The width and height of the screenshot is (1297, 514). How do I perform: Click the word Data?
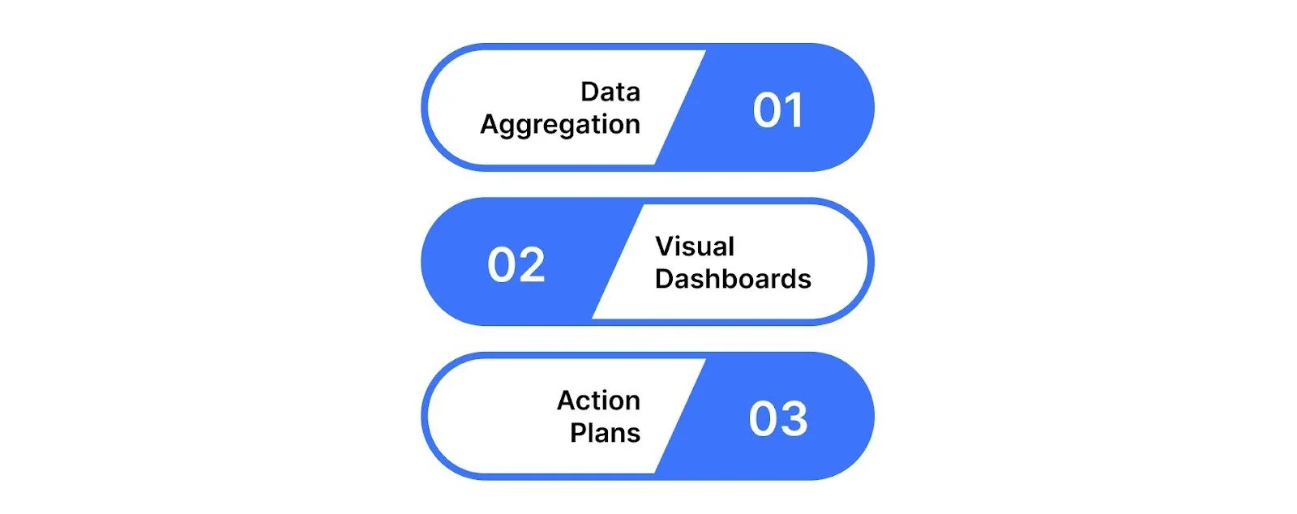(x=610, y=92)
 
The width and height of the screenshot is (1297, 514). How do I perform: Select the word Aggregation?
(x=560, y=125)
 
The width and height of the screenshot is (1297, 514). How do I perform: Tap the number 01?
(x=778, y=110)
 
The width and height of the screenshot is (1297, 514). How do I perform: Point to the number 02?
(x=516, y=265)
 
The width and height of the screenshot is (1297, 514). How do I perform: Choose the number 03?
(x=778, y=419)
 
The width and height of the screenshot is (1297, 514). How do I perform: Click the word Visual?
(x=695, y=246)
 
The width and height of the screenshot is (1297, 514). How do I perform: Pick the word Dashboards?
(x=733, y=279)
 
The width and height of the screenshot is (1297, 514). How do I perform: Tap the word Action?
(x=598, y=400)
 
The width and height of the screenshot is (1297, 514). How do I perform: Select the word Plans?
(x=605, y=433)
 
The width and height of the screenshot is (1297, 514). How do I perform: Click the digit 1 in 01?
(x=794, y=110)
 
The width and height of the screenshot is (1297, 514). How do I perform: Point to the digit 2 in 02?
(x=532, y=265)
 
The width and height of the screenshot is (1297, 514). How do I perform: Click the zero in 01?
(x=766, y=110)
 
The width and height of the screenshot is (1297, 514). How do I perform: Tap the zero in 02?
(x=502, y=265)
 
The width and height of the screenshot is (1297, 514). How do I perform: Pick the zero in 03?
(x=764, y=419)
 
